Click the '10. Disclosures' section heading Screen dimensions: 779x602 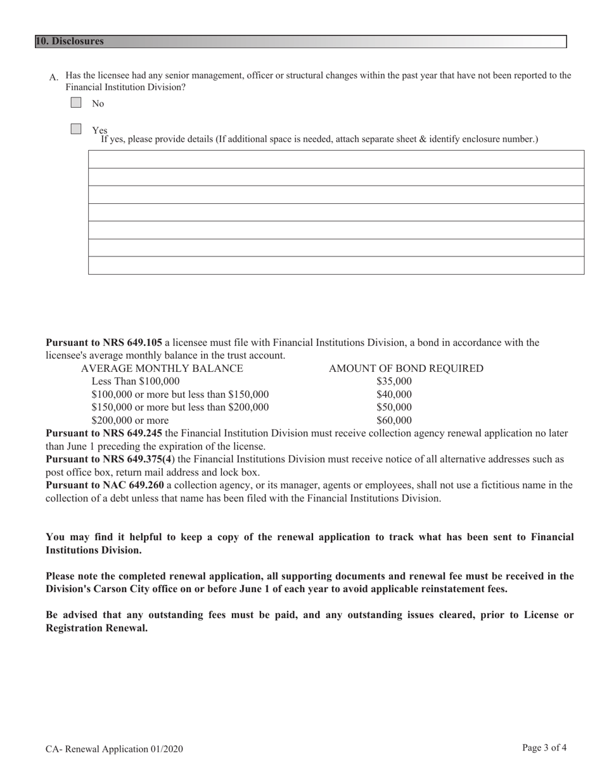(x=70, y=41)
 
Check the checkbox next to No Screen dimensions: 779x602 (x=76, y=103)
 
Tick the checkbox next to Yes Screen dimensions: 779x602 (x=76, y=129)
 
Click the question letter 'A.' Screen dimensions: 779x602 (x=54, y=77)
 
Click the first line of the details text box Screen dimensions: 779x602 (x=336, y=159)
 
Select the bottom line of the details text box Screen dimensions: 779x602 (x=336, y=265)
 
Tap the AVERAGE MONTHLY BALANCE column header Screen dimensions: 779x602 (x=162, y=369)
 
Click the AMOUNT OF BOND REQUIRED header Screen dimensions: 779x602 (x=406, y=369)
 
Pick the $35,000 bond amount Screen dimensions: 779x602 (x=394, y=381)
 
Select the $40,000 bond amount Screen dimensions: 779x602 (x=394, y=395)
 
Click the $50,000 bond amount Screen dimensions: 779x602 (x=394, y=407)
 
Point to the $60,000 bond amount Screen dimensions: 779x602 (x=394, y=421)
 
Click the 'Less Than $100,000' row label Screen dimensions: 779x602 (x=136, y=381)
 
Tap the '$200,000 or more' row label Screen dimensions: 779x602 (x=131, y=421)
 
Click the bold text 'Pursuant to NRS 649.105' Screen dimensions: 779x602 (x=104, y=343)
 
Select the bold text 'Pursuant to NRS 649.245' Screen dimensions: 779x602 (x=104, y=433)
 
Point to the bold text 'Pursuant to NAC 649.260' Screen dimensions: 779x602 (x=105, y=485)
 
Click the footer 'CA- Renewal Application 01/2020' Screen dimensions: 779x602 (x=114, y=749)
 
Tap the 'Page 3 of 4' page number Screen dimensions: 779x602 (x=544, y=748)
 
